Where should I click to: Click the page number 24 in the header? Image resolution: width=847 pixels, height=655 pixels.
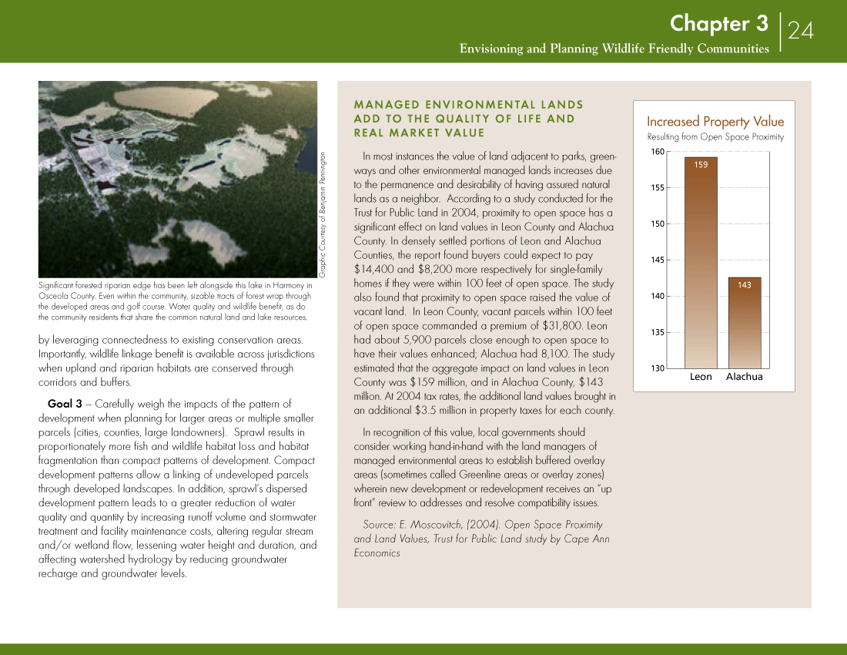[x=801, y=30]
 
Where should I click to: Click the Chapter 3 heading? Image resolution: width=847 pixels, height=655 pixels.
[x=718, y=24]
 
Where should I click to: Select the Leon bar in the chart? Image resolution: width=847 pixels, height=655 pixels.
[x=701, y=262]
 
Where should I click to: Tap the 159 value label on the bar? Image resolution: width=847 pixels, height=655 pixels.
[x=701, y=165]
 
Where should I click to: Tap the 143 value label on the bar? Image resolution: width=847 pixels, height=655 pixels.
[x=744, y=285]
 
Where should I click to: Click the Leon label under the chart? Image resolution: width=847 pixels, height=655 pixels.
[x=701, y=377]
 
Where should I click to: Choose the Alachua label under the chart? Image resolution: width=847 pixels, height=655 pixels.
[x=744, y=377]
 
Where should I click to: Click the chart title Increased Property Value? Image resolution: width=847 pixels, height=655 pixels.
[x=715, y=122]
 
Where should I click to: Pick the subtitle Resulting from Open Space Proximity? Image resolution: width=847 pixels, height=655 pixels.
[x=715, y=137]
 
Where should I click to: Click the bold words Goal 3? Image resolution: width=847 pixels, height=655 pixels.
[x=65, y=404]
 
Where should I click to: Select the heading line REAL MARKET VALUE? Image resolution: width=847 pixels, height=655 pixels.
[x=419, y=133]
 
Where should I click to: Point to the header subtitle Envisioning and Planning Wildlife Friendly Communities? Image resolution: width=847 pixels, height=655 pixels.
[x=614, y=49]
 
